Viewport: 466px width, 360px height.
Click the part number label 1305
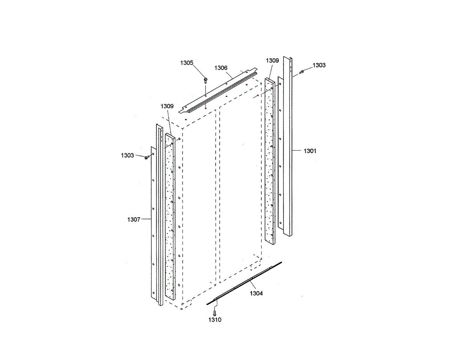click(x=186, y=63)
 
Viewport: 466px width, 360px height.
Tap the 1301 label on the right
click(x=310, y=151)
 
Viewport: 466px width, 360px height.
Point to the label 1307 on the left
click(x=134, y=219)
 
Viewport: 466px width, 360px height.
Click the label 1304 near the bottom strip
click(x=256, y=294)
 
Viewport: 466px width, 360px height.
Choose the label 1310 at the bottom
click(x=215, y=320)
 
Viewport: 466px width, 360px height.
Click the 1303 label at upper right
click(x=319, y=65)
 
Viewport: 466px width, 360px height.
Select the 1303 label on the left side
click(x=127, y=155)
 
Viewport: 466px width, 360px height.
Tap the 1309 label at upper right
click(x=272, y=60)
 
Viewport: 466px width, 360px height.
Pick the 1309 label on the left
click(x=167, y=106)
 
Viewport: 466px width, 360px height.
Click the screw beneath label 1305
click(x=205, y=80)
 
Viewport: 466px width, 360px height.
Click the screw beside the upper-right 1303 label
click(x=302, y=71)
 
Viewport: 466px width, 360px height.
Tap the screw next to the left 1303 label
click(x=146, y=157)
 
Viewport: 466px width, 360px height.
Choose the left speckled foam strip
click(x=170, y=217)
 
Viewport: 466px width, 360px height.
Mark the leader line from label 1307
click(x=146, y=219)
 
